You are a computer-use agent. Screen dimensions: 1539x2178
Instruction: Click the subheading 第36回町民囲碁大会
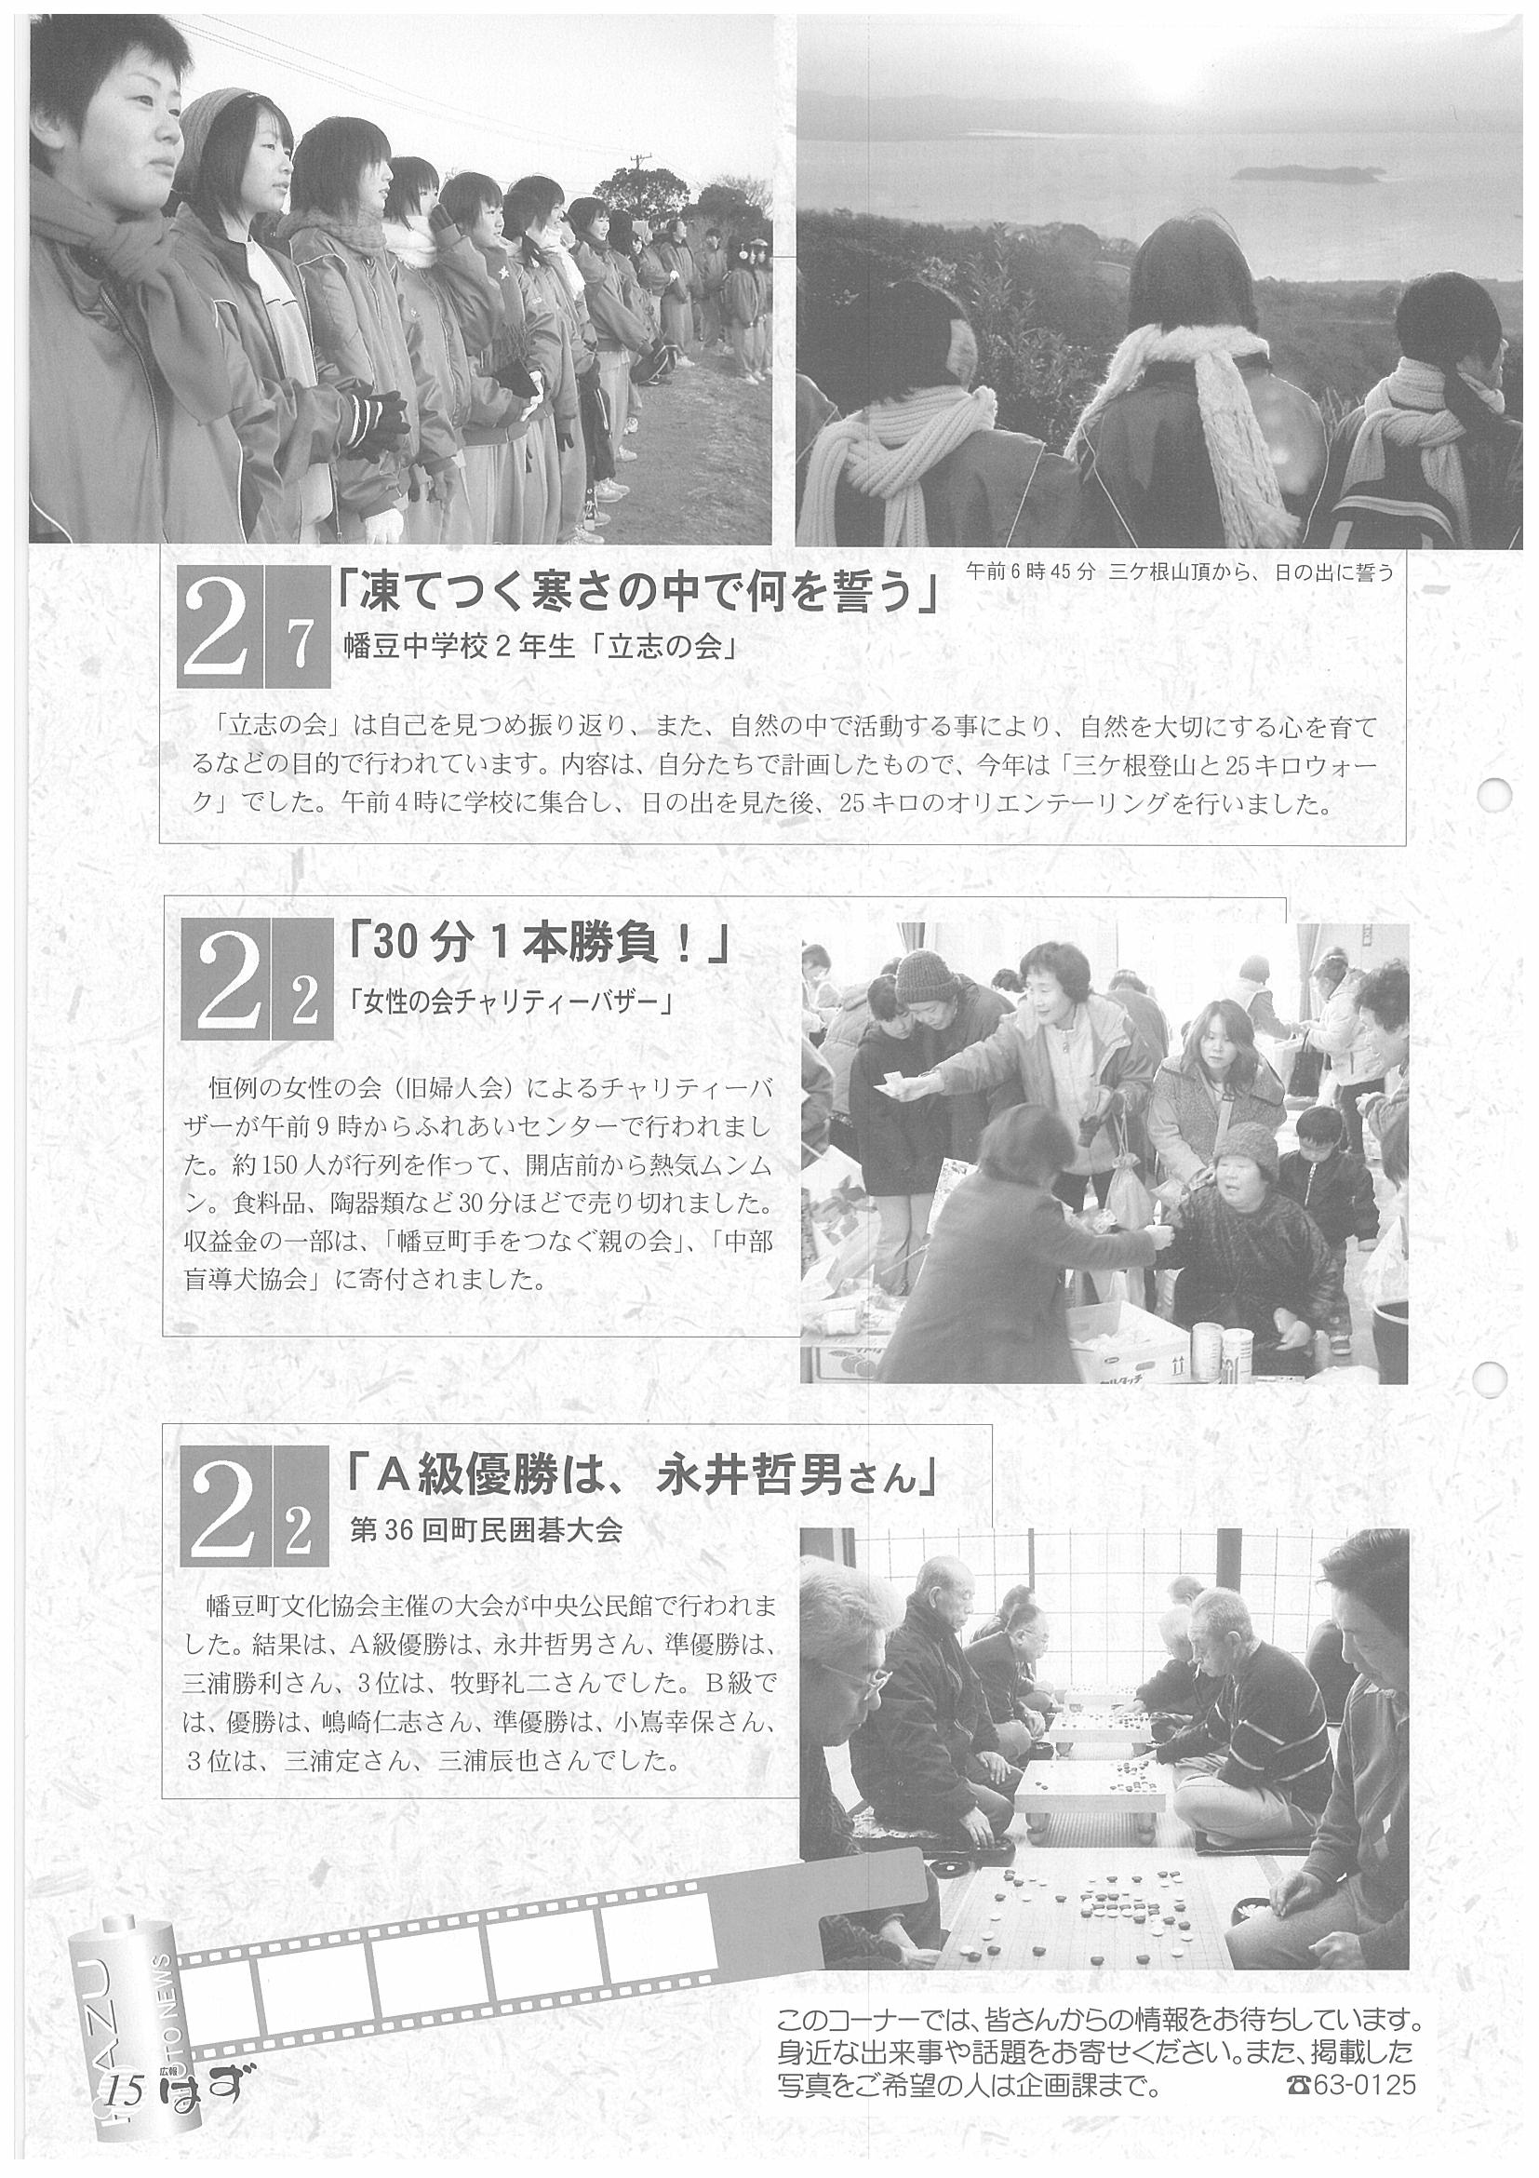tap(486, 1533)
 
